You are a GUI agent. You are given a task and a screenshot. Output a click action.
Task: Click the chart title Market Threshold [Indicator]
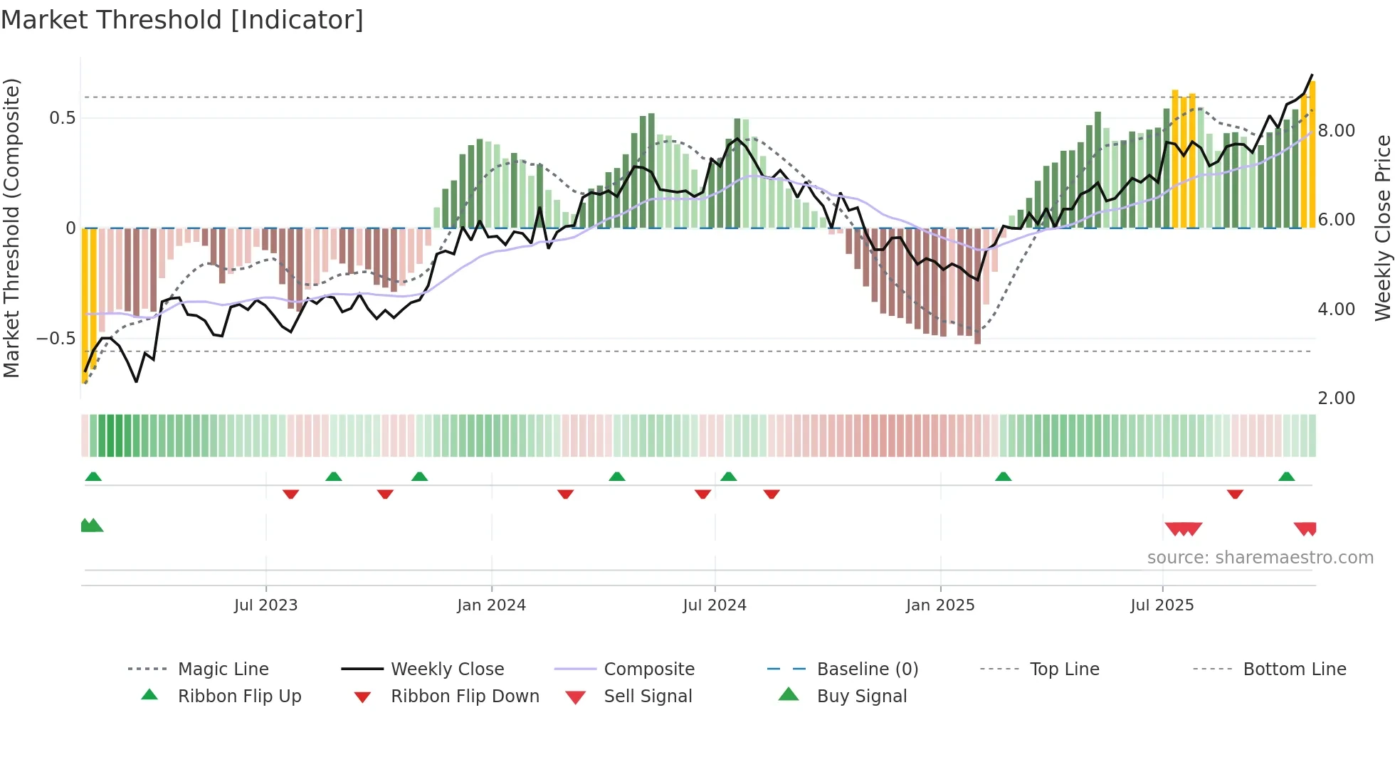coord(182,20)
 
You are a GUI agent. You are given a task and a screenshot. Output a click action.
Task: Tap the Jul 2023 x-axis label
coord(265,605)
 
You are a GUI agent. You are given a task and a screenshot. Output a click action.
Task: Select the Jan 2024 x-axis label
coord(491,605)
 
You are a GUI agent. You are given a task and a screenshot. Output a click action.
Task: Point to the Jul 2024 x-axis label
coord(715,605)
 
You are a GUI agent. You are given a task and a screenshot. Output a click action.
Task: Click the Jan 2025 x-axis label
coord(940,605)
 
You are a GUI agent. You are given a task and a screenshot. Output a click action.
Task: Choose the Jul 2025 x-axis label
coord(1162,605)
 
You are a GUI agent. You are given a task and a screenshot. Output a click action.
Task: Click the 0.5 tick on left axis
coord(63,118)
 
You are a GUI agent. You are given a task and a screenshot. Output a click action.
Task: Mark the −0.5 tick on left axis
coord(56,339)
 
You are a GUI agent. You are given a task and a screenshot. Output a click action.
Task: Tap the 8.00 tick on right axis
coord(1336,131)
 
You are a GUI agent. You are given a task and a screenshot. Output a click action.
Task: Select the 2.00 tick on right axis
coord(1336,398)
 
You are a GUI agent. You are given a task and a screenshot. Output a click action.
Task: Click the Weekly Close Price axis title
coord(1382,228)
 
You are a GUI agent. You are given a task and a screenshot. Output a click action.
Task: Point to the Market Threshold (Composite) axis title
coord(11,228)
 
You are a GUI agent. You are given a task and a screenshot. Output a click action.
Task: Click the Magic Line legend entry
coord(223,669)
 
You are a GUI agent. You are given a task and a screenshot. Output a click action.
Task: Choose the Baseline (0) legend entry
coord(867,669)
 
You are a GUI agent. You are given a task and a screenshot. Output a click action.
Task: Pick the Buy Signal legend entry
coord(861,696)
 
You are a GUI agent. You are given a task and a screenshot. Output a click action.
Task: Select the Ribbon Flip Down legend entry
coord(464,696)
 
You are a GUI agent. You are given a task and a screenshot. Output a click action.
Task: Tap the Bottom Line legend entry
coord(1294,669)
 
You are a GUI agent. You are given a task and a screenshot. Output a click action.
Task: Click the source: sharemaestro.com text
coord(1260,558)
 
